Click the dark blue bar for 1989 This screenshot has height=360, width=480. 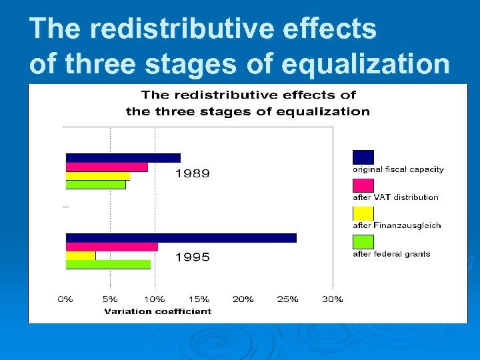coord(123,158)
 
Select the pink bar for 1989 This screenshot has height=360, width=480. coord(107,167)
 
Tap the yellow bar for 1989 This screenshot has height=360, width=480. coord(97,176)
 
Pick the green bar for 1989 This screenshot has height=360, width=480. coord(95,185)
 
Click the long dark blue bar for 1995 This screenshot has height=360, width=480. coord(181,238)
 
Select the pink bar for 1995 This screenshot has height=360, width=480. coord(111,247)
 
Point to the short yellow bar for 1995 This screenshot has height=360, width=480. coord(81,255)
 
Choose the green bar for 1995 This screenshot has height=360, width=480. coord(108,264)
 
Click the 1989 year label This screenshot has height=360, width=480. coord(192,174)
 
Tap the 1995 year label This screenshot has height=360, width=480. coord(192,257)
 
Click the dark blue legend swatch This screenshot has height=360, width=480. coord(363,157)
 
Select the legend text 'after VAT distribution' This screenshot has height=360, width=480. coord(395,197)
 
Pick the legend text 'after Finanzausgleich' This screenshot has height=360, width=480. coord(397,225)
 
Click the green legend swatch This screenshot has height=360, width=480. coord(363,241)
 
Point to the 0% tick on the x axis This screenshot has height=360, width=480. coord(65,299)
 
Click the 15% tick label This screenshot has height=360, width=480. coord(199,299)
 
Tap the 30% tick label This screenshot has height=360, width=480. coord(332,299)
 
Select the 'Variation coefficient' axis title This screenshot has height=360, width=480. coord(157,311)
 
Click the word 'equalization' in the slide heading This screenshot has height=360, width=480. coord(365,64)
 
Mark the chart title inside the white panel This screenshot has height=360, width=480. coord(247,103)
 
